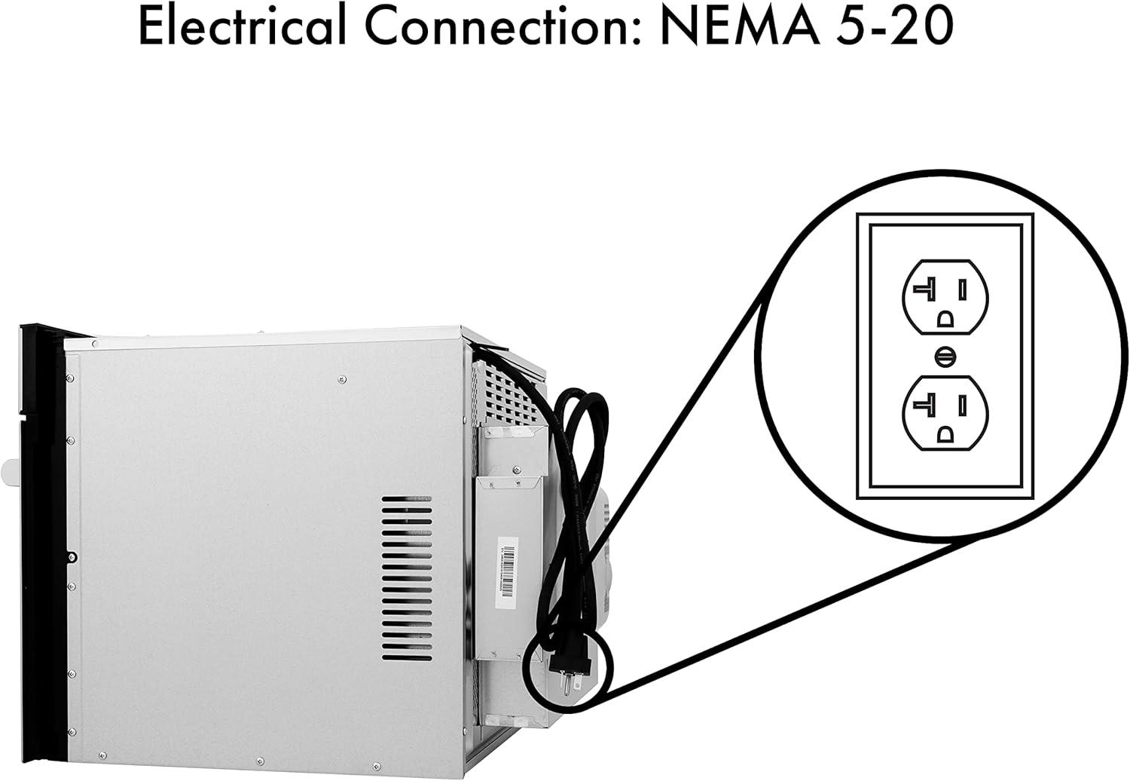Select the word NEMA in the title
point(740,26)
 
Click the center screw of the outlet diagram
point(945,357)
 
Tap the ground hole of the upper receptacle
point(945,319)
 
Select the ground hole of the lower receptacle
point(945,434)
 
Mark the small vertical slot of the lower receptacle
point(963,406)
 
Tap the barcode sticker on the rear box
point(508,572)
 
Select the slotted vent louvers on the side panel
point(407,578)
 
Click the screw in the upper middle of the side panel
point(342,378)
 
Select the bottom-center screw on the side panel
point(260,760)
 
